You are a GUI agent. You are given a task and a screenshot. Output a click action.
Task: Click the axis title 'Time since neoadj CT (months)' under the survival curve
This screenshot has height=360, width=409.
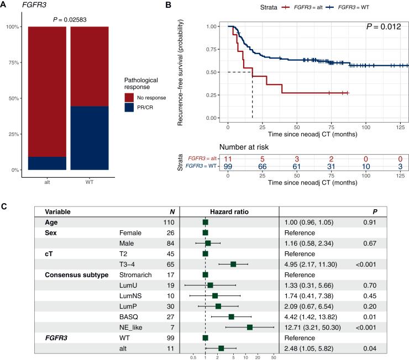point(316,133)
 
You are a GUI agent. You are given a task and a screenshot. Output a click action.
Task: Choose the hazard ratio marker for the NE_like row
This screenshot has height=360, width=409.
point(250,312)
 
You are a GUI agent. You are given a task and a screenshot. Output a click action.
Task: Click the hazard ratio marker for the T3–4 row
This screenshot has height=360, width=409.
point(233,264)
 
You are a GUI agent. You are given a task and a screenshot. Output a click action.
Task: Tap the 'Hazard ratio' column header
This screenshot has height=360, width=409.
point(229,211)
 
